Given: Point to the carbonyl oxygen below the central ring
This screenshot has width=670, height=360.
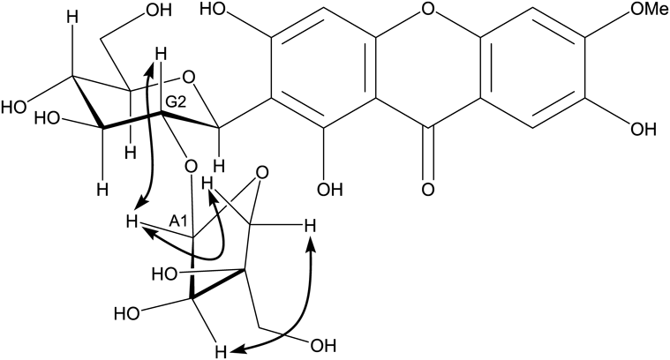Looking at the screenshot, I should [429, 188].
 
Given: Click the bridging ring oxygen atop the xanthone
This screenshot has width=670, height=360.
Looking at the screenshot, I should [429, 11].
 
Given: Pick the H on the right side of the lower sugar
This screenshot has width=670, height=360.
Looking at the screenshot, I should [309, 229].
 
